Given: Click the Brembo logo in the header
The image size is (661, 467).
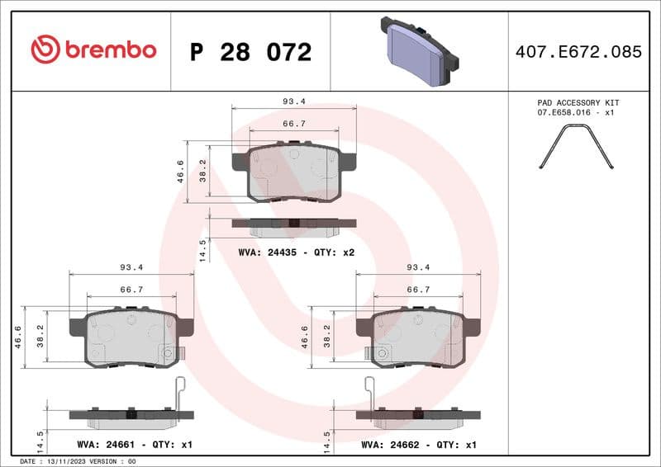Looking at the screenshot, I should [x=93, y=50].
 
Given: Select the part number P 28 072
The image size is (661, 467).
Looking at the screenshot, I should [x=250, y=52].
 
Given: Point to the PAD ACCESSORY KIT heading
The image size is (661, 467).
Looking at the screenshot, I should [x=578, y=102].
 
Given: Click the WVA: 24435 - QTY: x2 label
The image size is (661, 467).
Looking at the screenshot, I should [x=296, y=252].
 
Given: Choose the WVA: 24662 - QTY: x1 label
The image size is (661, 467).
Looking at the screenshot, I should [x=419, y=445].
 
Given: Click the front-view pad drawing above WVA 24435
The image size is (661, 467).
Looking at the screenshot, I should [x=294, y=172].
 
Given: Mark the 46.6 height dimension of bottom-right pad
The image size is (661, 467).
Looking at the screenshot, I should [x=305, y=338].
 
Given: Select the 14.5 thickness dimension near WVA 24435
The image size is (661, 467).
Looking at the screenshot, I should [x=202, y=250].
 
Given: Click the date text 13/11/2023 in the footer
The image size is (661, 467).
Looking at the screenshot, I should [x=63, y=461].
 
